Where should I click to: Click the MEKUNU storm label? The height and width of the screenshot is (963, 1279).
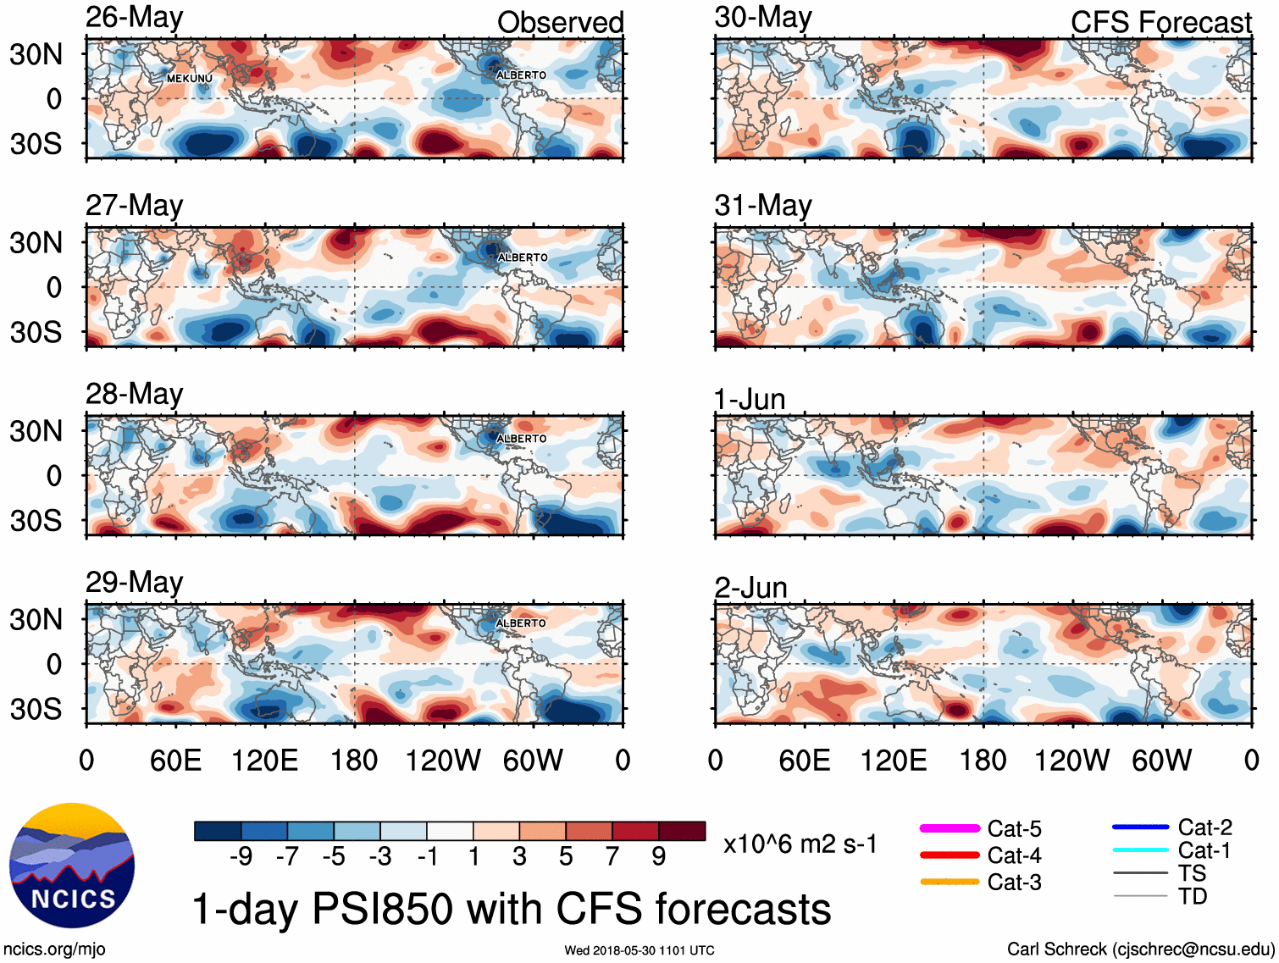point(189,79)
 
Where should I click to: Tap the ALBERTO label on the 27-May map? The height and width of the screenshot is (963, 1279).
point(522,257)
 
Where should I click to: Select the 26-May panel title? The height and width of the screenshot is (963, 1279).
point(134,18)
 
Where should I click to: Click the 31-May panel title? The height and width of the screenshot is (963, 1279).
point(762,206)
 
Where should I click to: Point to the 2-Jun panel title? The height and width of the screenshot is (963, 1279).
point(750,587)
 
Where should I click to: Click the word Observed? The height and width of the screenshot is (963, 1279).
point(560,23)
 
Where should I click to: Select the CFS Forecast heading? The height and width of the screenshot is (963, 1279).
point(1160,23)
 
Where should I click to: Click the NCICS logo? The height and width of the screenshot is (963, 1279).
point(72,865)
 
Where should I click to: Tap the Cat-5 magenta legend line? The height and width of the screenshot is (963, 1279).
point(950,828)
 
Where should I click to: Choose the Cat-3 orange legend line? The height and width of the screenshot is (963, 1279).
point(950,882)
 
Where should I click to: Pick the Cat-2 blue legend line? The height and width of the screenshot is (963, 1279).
point(1140,827)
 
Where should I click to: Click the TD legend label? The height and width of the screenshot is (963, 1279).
point(1193,896)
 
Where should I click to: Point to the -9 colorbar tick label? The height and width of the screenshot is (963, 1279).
point(241,856)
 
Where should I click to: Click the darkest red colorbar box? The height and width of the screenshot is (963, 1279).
point(682,831)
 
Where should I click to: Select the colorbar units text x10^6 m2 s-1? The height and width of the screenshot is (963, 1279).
point(800,844)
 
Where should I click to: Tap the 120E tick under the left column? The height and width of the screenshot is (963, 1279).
point(265,760)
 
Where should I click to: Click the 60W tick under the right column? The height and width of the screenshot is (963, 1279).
point(1161,760)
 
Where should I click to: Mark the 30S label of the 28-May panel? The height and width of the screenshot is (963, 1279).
point(36,520)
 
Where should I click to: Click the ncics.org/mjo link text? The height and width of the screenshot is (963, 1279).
point(54,949)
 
